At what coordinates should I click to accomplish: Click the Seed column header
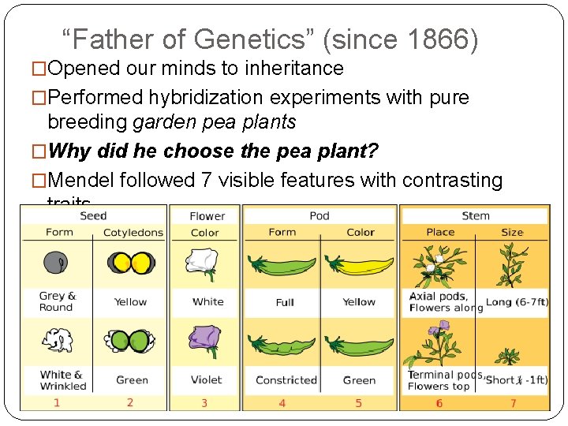93,215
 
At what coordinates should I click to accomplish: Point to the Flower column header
207,216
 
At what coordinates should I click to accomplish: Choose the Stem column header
476,215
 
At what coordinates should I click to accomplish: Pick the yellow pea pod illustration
359,267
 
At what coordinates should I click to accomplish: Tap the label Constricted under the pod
286,380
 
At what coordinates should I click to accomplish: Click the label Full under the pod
285,302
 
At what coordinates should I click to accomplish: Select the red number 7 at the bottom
512,403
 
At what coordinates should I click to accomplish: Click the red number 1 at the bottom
57,403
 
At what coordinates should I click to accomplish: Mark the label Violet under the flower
206,380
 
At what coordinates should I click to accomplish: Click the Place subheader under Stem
440,232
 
